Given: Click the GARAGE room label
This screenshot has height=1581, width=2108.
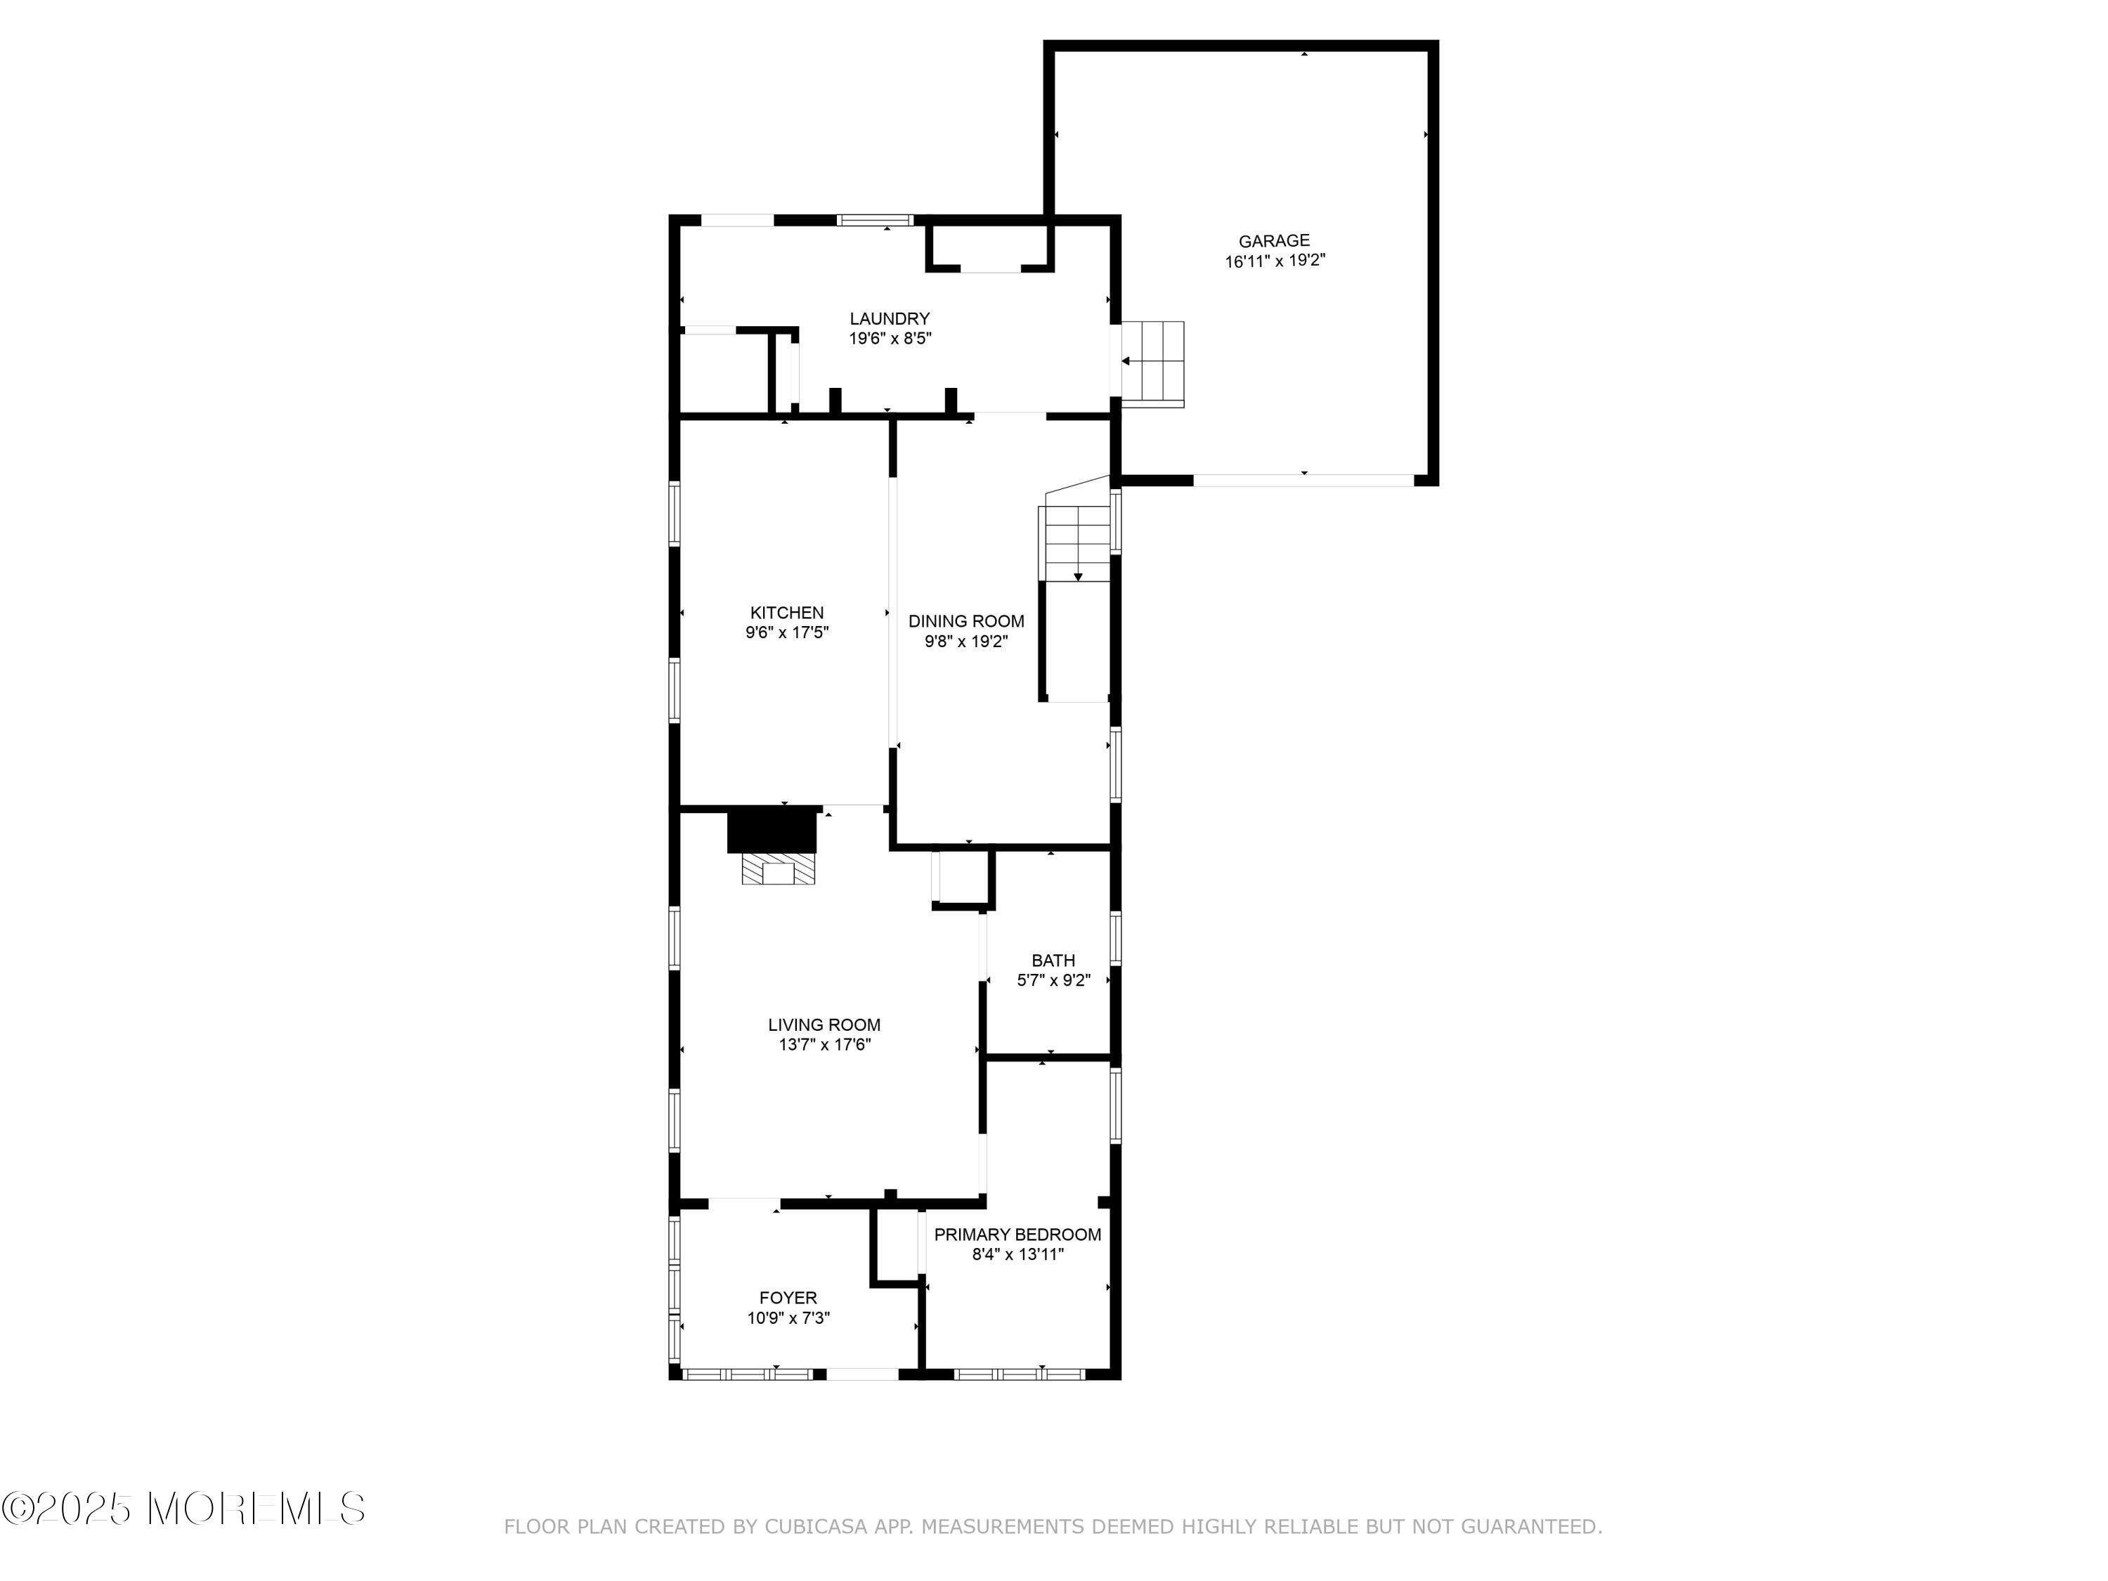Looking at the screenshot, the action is tap(1274, 241).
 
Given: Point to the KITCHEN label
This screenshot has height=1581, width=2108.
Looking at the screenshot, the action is tap(787, 613).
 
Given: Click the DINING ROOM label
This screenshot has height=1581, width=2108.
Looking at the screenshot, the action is tap(966, 621).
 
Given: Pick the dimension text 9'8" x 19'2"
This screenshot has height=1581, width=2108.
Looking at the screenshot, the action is tap(966, 642).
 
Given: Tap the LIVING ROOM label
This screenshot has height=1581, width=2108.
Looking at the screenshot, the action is tap(824, 1024).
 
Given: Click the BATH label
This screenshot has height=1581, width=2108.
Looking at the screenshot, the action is tap(1053, 961).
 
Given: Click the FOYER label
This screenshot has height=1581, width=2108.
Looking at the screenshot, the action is tap(788, 1298).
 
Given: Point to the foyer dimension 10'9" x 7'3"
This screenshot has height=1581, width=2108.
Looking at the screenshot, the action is tap(788, 1318).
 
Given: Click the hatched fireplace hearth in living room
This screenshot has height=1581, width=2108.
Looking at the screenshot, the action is tap(779, 869).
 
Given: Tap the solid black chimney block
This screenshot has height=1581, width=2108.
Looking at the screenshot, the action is tap(773, 830).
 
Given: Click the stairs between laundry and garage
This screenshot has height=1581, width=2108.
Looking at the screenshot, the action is tap(1153, 364).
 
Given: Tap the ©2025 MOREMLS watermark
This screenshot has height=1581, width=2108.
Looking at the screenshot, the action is tap(183, 1509).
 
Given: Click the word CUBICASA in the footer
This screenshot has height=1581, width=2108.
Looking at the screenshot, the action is tap(816, 1527).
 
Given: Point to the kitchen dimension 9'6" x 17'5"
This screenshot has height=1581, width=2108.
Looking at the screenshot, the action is tap(787, 633).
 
